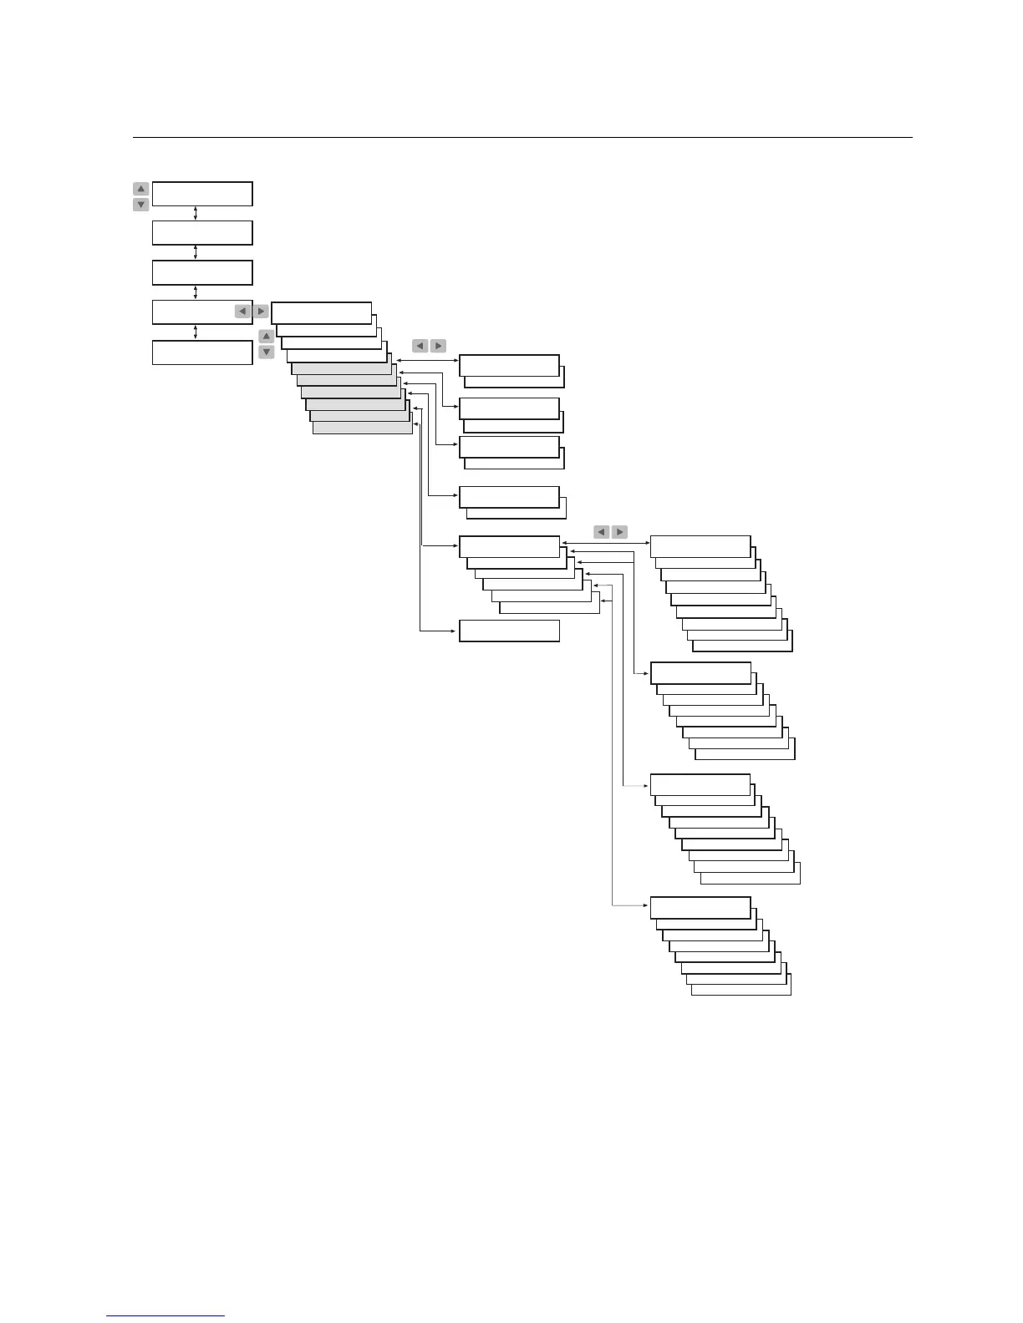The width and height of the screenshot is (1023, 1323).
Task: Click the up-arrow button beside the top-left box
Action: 141,189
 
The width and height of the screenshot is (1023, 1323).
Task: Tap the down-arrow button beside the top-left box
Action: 141,205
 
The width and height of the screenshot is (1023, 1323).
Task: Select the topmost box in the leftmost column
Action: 202,193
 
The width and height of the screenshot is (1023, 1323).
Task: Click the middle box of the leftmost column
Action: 202,272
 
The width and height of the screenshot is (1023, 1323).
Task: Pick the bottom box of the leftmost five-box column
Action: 202,352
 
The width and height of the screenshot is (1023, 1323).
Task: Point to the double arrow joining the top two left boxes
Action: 196,213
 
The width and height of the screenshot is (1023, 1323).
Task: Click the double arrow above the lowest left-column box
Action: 196,332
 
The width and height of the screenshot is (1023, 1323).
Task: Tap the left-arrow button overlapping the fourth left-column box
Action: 242,312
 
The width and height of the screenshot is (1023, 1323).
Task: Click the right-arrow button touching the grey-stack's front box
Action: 261,312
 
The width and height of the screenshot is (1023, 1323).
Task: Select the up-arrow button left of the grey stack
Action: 267,337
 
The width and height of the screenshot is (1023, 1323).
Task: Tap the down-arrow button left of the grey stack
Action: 267,352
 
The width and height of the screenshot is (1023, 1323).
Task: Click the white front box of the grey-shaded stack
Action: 322,312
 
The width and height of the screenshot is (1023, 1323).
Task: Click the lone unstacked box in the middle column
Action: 509,631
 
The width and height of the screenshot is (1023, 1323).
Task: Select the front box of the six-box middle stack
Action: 509,546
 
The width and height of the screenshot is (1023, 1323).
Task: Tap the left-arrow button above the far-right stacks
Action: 601,532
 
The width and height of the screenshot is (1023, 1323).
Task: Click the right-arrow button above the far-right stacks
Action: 619,532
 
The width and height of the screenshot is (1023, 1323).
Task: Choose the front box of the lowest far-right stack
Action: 700,907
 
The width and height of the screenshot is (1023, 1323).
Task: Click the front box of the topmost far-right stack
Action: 700,545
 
